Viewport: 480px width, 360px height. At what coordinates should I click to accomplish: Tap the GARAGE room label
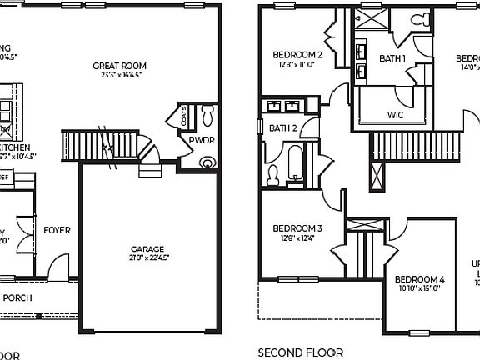[x=147, y=248]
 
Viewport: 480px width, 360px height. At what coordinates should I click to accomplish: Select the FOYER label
[x=57, y=230]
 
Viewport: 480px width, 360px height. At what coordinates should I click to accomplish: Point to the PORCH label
[x=17, y=297]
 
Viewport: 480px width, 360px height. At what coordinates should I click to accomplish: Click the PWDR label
[x=202, y=141]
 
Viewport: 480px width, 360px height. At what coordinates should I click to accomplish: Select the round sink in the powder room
[x=207, y=163]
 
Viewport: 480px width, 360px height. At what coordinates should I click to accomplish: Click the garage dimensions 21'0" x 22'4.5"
[x=147, y=257]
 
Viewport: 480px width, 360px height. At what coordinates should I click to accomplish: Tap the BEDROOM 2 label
[x=297, y=56]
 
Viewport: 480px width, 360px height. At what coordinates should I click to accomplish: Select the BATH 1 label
[x=392, y=59]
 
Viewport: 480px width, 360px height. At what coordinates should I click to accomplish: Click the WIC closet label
[x=395, y=115]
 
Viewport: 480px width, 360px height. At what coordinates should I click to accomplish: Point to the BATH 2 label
[x=283, y=127]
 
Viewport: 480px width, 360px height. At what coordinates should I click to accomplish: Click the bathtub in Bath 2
[x=297, y=162]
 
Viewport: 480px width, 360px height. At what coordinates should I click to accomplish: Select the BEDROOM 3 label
[x=297, y=227]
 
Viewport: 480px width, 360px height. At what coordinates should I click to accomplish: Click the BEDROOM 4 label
[x=419, y=279]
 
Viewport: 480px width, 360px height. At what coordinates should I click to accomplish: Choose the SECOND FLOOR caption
[x=300, y=352]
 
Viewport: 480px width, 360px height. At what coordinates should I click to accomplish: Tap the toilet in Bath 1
[x=421, y=18]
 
